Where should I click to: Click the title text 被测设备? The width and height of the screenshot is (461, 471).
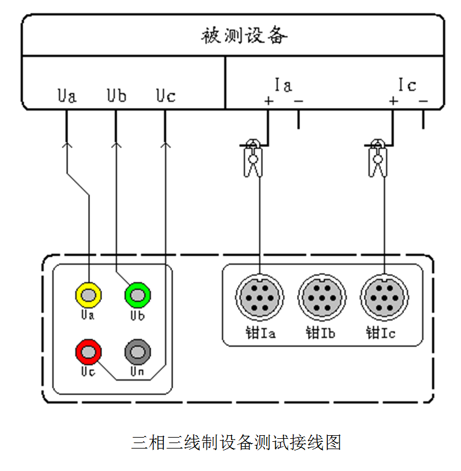click(x=244, y=36)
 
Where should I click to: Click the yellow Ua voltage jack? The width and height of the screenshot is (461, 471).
click(x=89, y=295)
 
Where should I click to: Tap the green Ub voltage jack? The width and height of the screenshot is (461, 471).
click(x=137, y=295)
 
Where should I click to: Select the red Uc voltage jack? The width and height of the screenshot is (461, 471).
click(x=89, y=351)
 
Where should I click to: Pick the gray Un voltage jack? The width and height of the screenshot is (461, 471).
click(x=137, y=351)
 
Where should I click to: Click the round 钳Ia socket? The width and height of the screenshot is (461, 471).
click(x=260, y=298)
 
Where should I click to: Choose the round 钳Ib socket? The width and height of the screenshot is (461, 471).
click(x=322, y=298)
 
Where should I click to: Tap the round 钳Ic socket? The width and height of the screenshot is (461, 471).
click(x=384, y=298)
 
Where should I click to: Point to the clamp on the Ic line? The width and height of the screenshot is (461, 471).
click(x=378, y=159)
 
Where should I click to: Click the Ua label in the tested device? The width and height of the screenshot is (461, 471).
click(x=67, y=96)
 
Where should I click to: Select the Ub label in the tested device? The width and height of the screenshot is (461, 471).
click(x=116, y=96)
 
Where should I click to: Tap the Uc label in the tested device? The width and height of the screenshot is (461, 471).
click(x=165, y=96)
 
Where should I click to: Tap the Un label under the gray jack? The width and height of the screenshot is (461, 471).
click(x=137, y=371)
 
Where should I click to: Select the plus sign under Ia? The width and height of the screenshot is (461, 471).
click(x=268, y=100)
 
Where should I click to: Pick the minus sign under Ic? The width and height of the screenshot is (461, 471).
click(x=423, y=100)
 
